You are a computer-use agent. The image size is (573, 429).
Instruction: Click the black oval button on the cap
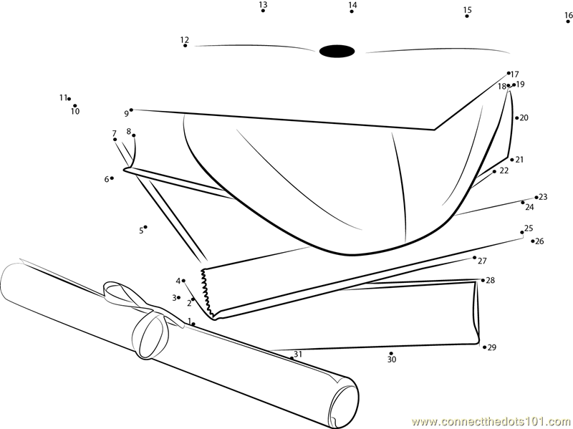pos(337,51)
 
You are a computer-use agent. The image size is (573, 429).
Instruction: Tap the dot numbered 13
pos(263,11)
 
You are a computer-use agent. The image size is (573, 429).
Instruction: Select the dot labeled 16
pos(568,21)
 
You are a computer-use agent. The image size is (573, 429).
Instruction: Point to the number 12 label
pos(185,39)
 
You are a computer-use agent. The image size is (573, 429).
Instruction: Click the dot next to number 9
pos(131,110)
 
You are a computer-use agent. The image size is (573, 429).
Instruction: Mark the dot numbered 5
pos(145,227)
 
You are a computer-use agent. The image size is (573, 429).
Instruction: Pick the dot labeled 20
pos(517,117)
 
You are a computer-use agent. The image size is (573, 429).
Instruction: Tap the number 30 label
pos(392,360)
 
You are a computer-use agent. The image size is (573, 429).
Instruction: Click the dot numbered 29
pos(485,347)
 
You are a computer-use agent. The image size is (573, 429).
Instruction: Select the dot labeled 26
pos(533,241)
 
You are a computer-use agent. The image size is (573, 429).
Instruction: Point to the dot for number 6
pos(112,178)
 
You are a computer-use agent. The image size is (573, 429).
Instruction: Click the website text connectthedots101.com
pos(492,422)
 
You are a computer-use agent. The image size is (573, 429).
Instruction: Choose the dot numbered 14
pos(352,11)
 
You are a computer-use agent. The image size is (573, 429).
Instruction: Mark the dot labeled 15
pos(467,16)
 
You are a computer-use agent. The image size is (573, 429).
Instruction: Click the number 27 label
pos(482,261)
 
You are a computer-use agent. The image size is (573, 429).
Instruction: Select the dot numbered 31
pos(292,358)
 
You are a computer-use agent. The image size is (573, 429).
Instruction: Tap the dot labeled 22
pos(494,171)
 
